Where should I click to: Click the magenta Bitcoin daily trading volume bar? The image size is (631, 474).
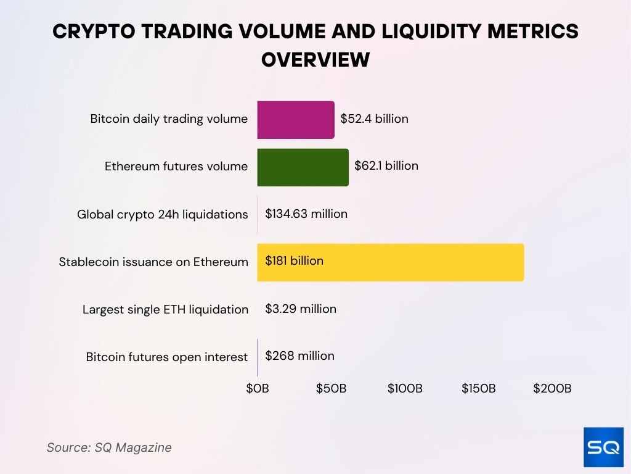(296, 120)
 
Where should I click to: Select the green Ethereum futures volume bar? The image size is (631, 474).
(303, 167)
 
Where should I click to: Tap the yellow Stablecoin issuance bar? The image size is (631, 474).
(390, 262)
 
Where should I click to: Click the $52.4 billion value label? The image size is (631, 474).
(374, 118)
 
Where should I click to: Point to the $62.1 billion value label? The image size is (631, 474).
(386, 166)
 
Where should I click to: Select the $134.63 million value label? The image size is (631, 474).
(306, 214)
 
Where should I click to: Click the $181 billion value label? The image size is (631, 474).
(294, 261)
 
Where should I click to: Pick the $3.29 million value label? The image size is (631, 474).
(301, 309)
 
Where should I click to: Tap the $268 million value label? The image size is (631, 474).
(299, 356)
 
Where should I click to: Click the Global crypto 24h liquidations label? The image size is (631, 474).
(162, 215)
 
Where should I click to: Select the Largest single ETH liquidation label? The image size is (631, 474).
(165, 310)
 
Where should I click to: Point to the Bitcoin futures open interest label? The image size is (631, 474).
(166, 357)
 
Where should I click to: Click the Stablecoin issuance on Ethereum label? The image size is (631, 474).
(153, 262)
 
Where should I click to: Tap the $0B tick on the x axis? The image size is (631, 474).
(258, 389)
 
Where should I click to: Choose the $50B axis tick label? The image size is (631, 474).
(332, 389)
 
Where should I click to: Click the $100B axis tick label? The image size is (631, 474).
(405, 389)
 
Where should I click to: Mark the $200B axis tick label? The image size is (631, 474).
(552, 389)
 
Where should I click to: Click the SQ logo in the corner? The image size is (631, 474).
(603, 447)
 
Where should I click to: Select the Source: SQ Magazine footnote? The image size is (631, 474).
(109, 448)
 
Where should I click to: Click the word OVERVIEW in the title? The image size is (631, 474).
(315, 60)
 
